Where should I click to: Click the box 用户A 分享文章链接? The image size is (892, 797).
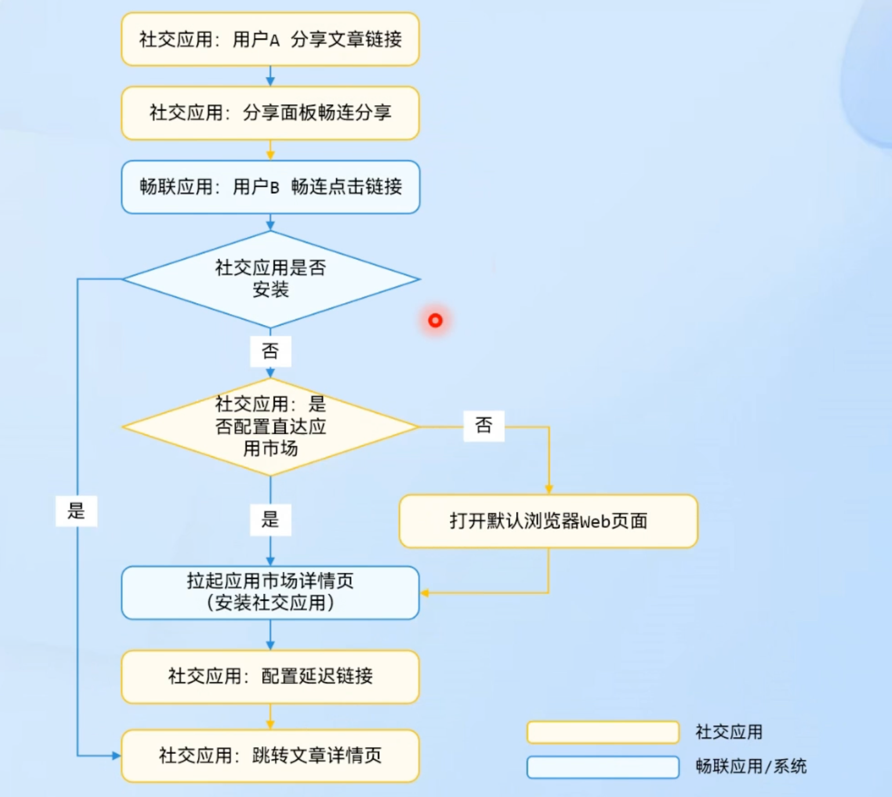[270, 39]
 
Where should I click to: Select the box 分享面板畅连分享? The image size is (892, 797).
[270, 113]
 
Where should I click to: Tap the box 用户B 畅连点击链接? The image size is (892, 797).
[270, 187]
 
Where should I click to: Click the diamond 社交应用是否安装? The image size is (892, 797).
[270, 279]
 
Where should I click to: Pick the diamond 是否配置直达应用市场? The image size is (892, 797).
[270, 427]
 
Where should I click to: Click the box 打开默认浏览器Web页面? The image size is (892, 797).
[548, 521]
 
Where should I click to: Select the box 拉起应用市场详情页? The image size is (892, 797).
[270, 592]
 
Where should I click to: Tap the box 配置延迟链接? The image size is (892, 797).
[270, 676]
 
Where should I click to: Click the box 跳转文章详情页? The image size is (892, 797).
[270, 755]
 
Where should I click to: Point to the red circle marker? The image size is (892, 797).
[435, 320]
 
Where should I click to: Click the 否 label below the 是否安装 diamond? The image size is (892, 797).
[270, 351]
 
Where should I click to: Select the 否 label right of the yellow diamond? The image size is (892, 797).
[484, 426]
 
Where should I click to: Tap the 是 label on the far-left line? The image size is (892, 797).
[76, 511]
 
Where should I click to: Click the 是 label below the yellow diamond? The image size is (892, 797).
[270, 520]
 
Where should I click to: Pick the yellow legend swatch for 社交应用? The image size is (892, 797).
[603, 732]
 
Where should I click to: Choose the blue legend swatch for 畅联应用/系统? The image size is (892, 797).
[603, 766]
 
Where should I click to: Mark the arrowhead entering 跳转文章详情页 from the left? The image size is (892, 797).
[116, 755]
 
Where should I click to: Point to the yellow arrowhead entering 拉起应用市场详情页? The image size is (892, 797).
[425, 593]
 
